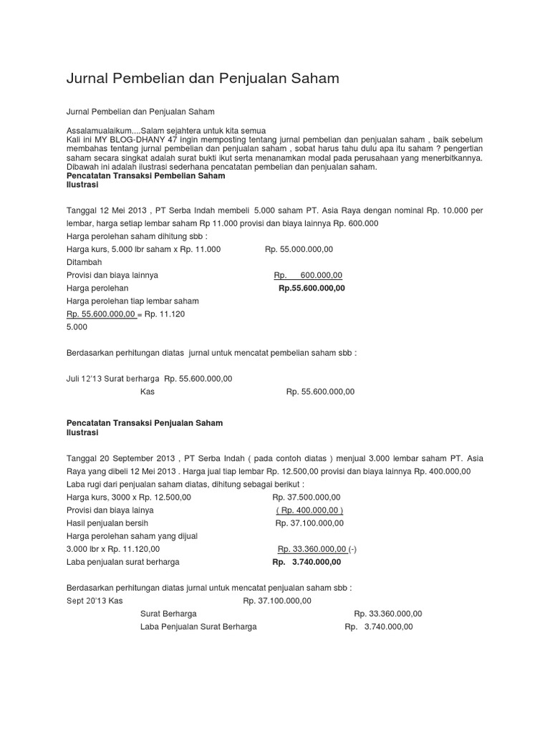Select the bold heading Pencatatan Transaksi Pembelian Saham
(145, 176)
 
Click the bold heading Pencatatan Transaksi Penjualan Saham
(145, 423)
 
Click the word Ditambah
(84, 262)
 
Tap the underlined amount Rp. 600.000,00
(308, 276)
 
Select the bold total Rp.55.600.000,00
(312, 288)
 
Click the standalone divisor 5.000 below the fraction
(77, 327)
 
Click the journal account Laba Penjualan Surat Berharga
(198, 626)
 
